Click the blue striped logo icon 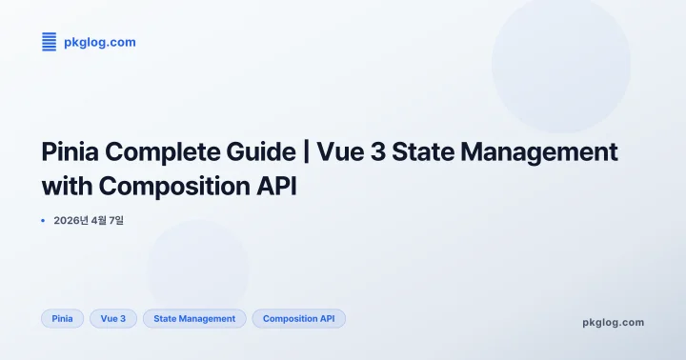click(50, 42)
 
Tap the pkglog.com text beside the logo click(99, 43)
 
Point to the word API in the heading click(275, 185)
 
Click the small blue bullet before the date click(43, 220)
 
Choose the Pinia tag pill click(63, 318)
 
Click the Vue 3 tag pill click(113, 318)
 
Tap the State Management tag click(194, 318)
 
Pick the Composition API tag click(298, 318)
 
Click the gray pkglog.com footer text click(613, 322)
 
